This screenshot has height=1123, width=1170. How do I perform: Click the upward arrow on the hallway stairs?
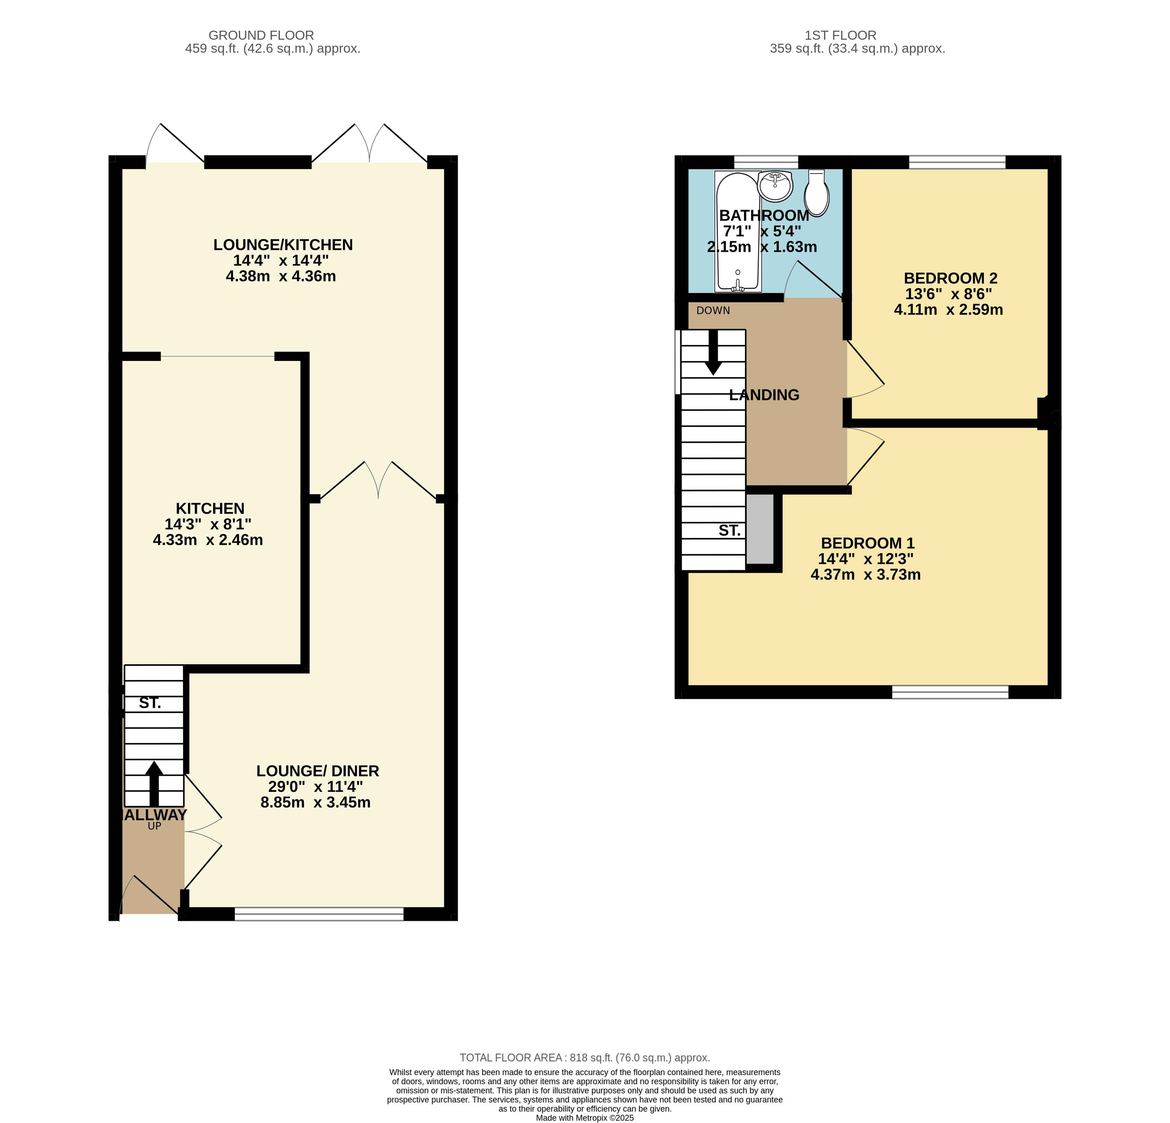[154, 784]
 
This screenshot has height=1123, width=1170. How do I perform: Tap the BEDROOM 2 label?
[950, 278]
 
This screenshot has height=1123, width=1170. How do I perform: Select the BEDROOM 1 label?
[867, 543]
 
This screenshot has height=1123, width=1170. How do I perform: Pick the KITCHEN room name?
[210, 509]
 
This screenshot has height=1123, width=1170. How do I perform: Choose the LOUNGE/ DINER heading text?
[318, 771]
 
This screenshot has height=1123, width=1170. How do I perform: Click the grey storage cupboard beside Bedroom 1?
[760, 528]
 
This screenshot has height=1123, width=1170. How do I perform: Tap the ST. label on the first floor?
[730, 530]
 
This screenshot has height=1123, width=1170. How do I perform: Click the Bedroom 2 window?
[957, 162]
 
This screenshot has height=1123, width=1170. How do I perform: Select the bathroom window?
[766, 162]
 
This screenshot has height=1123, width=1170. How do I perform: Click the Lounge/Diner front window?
[319, 914]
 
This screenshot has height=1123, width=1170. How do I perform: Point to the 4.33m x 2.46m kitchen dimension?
[208, 540]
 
